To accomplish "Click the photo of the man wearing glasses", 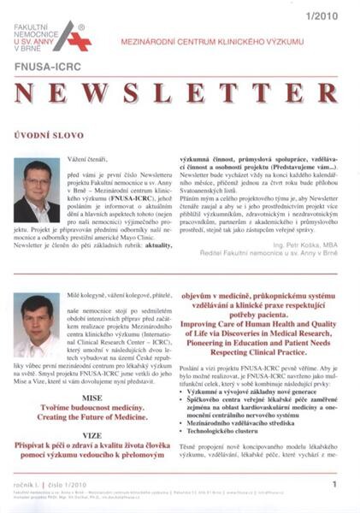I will [37, 190].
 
